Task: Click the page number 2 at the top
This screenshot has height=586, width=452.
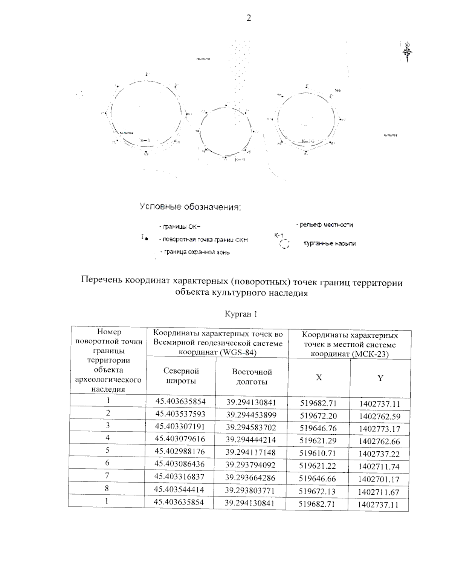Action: (x=248, y=18)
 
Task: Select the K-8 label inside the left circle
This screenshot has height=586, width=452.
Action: (x=145, y=140)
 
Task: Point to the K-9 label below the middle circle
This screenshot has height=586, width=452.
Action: (x=240, y=160)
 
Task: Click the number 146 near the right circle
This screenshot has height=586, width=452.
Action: (x=337, y=91)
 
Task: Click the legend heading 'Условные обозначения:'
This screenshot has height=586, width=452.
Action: (x=190, y=207)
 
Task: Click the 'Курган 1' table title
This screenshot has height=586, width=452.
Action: (x=241, y=314)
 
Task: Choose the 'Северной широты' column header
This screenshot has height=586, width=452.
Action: (x=181, y=376)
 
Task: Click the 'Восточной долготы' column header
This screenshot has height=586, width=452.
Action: (x=252, y=377)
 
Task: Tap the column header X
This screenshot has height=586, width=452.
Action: (x=319, y=377)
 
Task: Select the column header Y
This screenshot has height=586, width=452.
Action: (x=380, y=378)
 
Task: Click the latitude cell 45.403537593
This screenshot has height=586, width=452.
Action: (x=180, y=414)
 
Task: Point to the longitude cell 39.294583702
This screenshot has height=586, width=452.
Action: (x=251, y=428)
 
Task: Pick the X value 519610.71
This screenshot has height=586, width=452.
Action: (x=318, y=453)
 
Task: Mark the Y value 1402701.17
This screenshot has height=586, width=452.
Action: (x=379, y=479)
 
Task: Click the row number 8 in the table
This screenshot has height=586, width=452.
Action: (x=107, y=489)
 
